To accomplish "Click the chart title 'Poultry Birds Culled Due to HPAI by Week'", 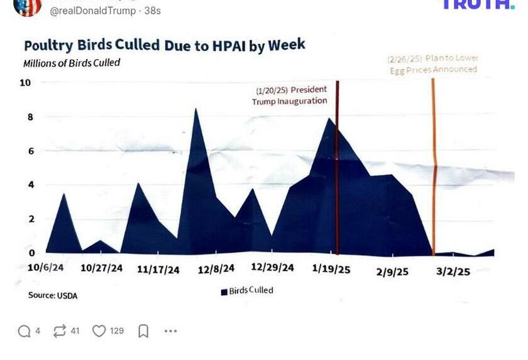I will pos(164,45).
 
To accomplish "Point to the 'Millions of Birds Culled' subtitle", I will pos(71,63).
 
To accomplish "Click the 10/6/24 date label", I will pos(45,267).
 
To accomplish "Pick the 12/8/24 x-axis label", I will pos(216,268).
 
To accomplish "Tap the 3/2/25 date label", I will pos(453,271).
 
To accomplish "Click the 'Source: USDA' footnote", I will pos(53,295).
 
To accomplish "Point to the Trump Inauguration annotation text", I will pos(290,95).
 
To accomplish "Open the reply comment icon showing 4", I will pos(25,331).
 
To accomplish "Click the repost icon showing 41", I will pos(60,331).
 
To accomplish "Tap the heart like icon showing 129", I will pos(99,331).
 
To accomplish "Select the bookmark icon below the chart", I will pos(143,331).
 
